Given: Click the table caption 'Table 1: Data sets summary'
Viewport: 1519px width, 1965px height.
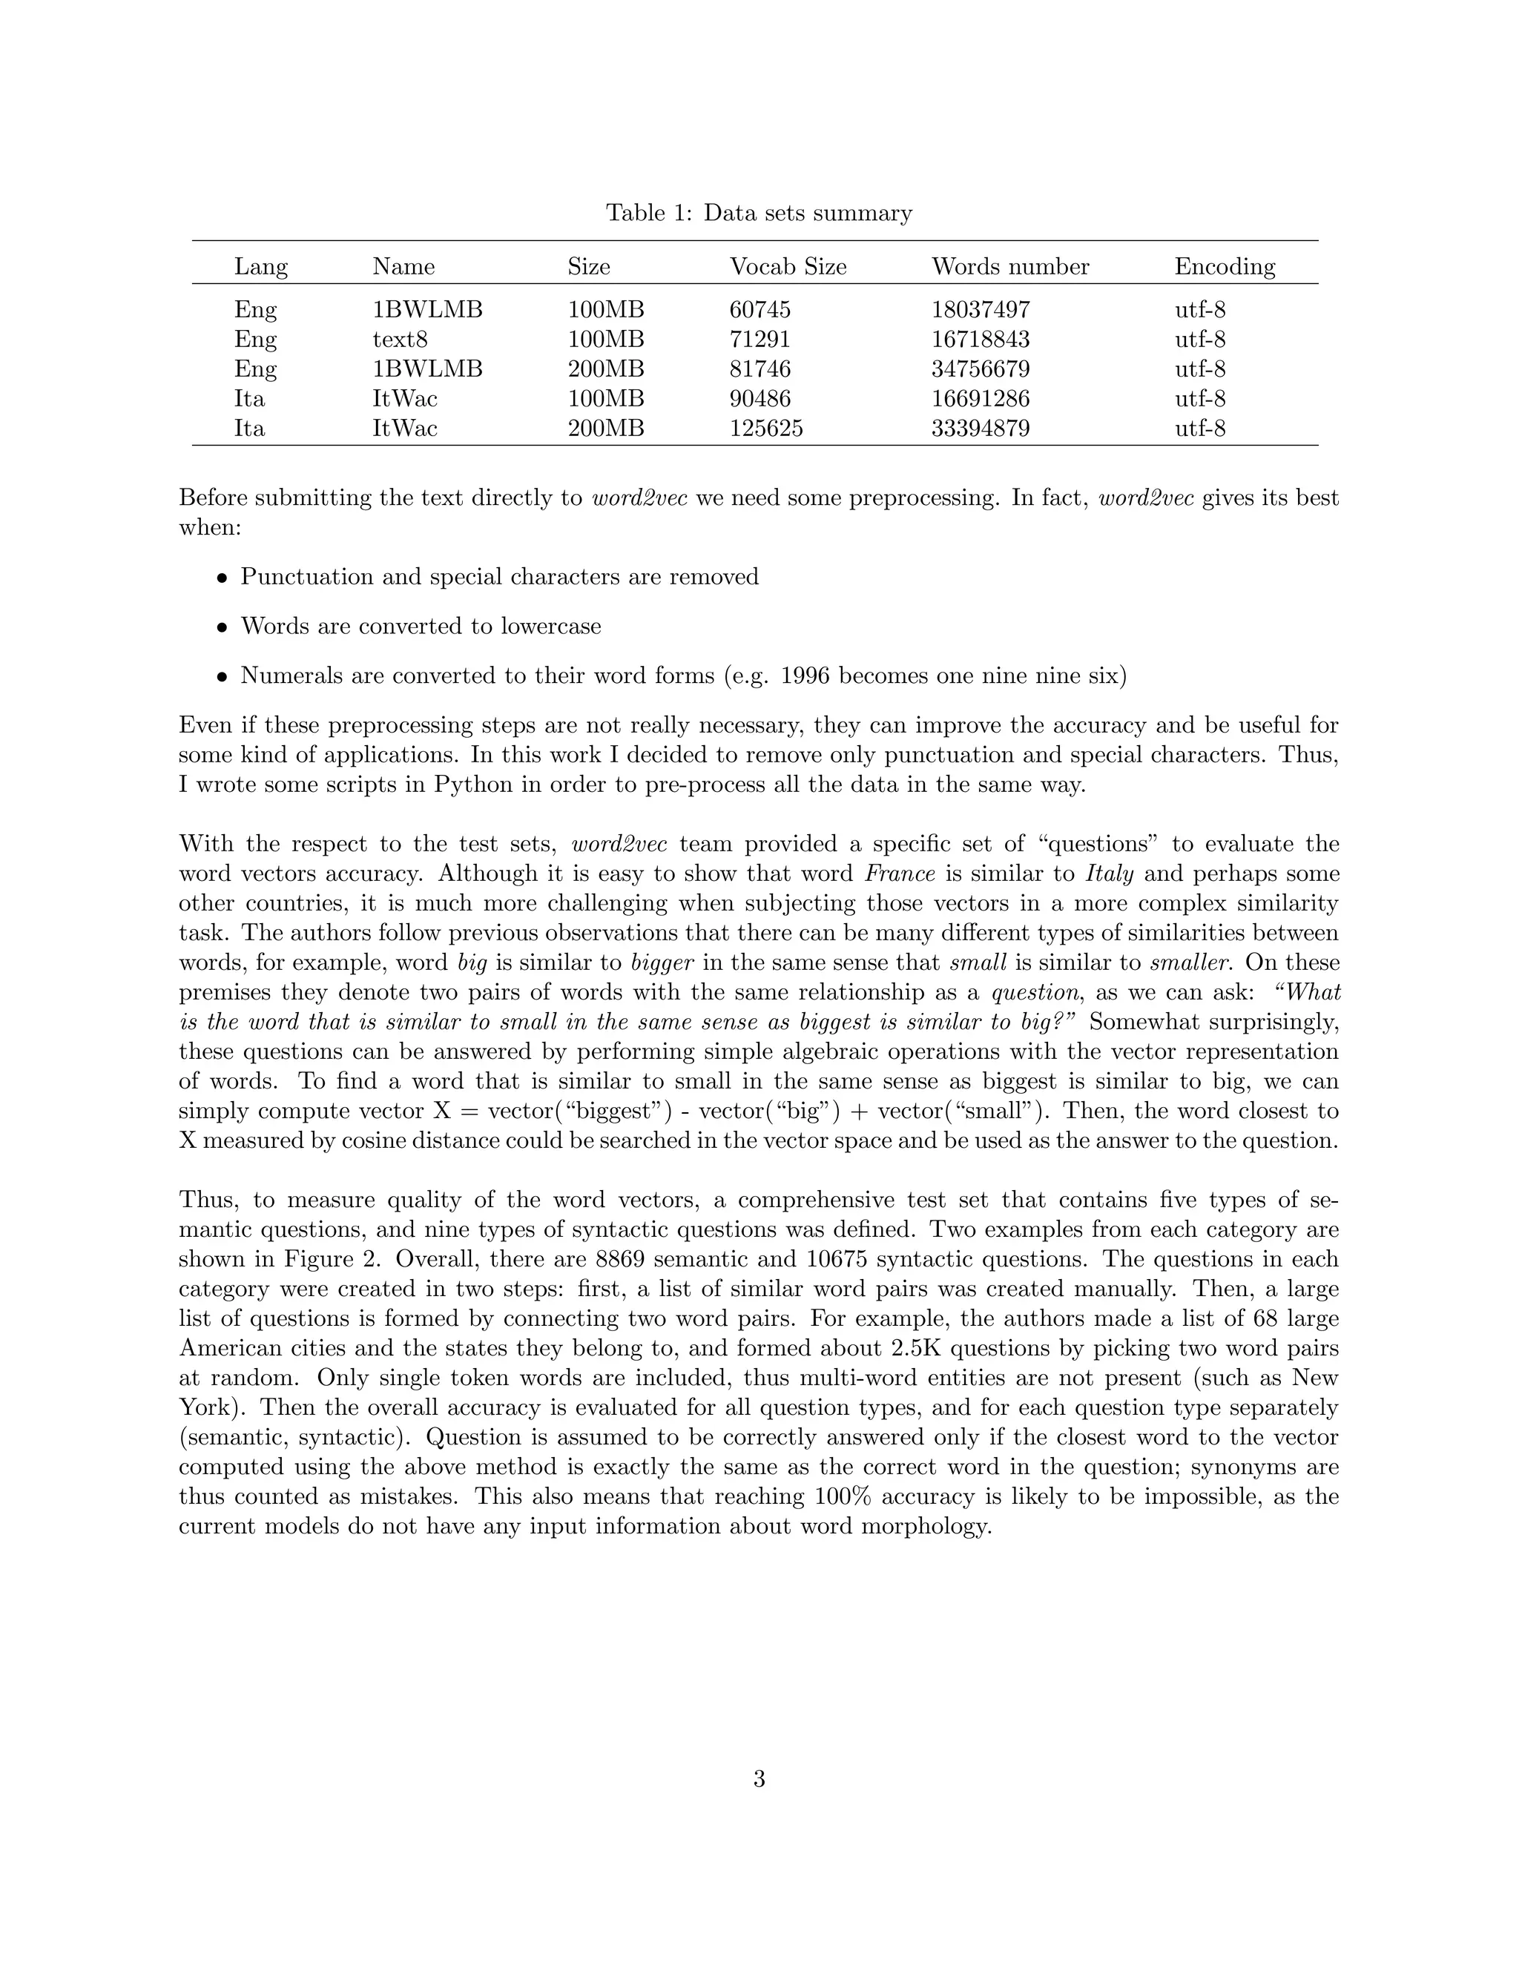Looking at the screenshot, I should [759, 214].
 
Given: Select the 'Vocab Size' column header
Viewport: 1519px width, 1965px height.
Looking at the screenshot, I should [788, 266].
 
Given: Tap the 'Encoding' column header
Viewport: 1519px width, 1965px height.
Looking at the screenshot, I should [1224, 266].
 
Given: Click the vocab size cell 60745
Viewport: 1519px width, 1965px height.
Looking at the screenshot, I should [759, 309].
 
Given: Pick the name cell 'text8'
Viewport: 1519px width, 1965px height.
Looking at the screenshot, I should [400, 339].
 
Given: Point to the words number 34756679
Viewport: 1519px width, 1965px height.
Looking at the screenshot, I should [980, 369].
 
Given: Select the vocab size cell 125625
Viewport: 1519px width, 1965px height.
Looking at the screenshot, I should [765, 429].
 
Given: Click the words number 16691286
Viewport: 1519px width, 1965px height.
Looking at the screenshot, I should [980, 399].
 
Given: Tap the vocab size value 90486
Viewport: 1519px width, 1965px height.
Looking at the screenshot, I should [759, 399].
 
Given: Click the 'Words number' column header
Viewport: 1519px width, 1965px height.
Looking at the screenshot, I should [1009, 266].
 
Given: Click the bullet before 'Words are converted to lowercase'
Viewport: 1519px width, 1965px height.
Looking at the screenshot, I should [221, 627].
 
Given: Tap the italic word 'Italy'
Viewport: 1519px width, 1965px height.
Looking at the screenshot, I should [1109, 873].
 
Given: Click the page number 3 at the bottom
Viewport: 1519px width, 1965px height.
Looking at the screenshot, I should [759, 1779].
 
